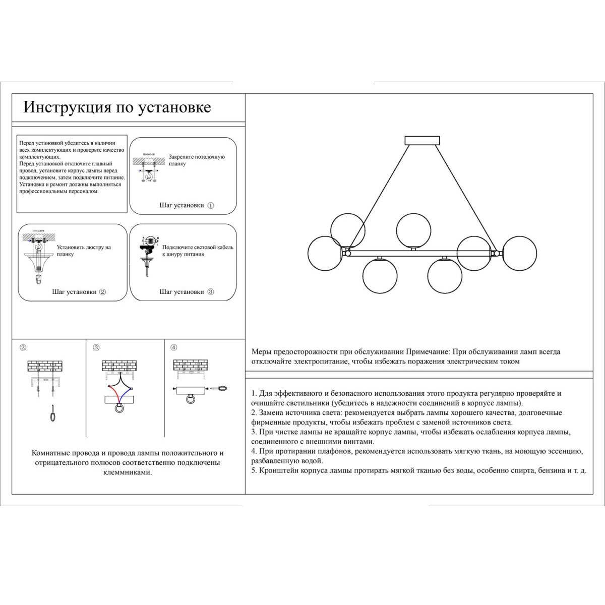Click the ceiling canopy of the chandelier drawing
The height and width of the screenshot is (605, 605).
(422, 140)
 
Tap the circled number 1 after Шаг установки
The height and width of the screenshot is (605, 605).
(211, 206)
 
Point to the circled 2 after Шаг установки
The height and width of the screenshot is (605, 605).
(102, 292)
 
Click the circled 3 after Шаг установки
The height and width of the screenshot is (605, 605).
(211, 292)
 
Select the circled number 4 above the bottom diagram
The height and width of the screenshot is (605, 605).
(173, 347)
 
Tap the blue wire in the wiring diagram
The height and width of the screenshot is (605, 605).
(127, 393)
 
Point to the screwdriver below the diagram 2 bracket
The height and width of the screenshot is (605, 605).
(51, 414)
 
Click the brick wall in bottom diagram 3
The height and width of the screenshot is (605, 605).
(119, 366)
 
